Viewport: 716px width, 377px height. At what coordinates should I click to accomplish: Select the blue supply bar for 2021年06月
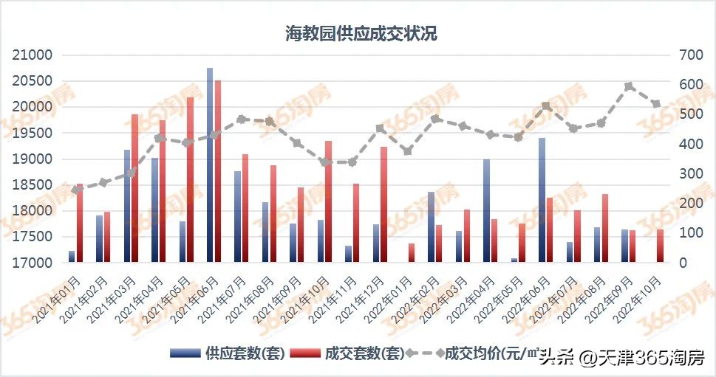pos(210,165)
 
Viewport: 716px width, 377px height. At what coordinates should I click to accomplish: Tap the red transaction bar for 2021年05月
pos(190,180)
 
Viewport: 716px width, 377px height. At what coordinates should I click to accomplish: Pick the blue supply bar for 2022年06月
pos(542,200)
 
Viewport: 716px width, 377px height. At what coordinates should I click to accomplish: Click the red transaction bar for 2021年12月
pos(383,204)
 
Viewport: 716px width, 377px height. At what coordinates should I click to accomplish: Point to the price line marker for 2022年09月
pos(629,86)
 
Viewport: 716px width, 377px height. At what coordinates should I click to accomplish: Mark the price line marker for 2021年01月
pos(75,190)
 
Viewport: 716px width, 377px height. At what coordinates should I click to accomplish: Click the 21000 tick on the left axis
pos(33,55)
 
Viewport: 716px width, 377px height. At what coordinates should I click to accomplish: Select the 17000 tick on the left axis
pos(33,263)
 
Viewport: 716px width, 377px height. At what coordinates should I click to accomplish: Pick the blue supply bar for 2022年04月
pos(486,210)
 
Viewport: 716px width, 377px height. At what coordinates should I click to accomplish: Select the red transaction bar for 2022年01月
pos(412,252)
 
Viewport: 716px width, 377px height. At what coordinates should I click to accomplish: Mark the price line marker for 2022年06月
pos(546,106)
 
